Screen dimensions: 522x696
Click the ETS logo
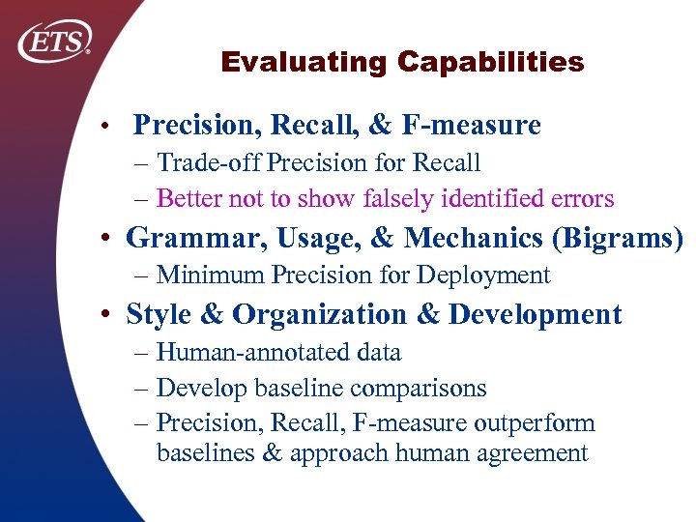coord(55,42)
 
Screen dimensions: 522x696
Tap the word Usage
coord(291,238)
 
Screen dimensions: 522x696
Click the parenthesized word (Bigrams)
coord(623,238)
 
